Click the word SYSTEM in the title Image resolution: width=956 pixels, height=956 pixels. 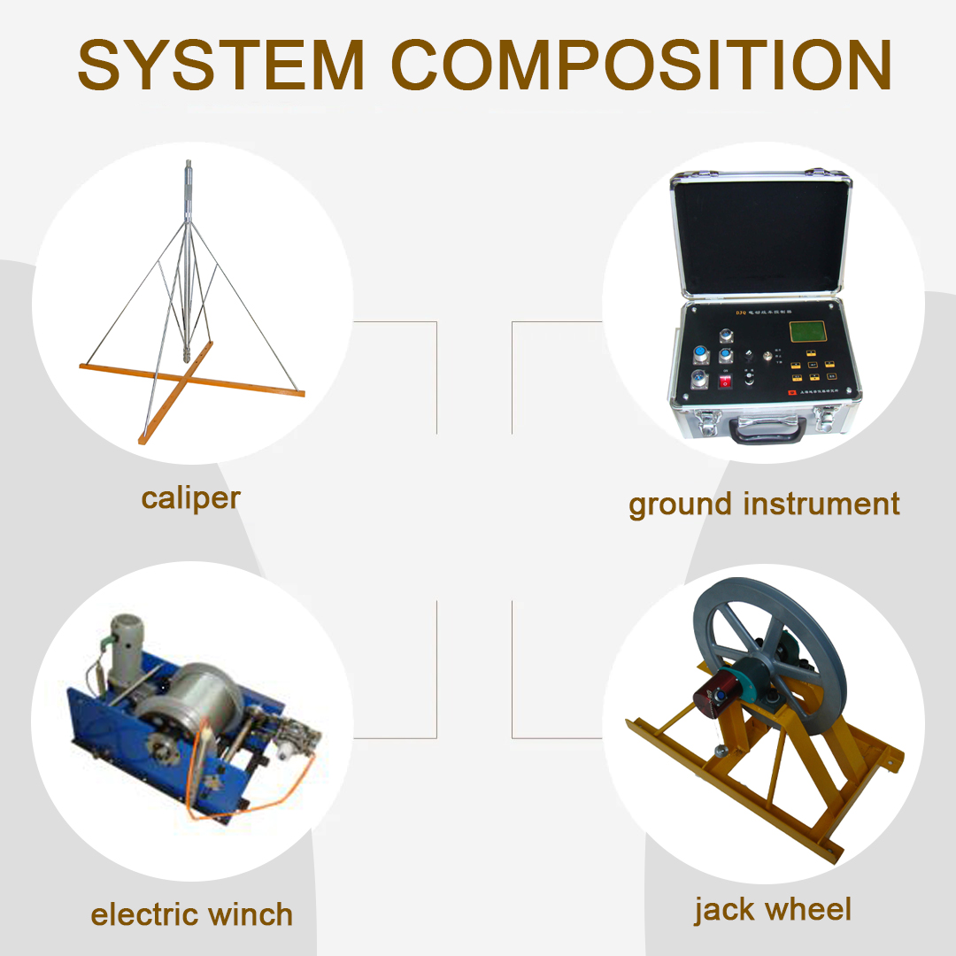tap(221, 65)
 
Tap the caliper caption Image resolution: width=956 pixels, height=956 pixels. tap(190, 498)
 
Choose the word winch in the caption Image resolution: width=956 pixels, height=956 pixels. tap(253, 914)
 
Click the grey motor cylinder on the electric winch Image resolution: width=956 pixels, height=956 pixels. tap(122, 637)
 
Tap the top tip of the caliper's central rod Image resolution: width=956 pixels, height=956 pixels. tap(189, 163)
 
